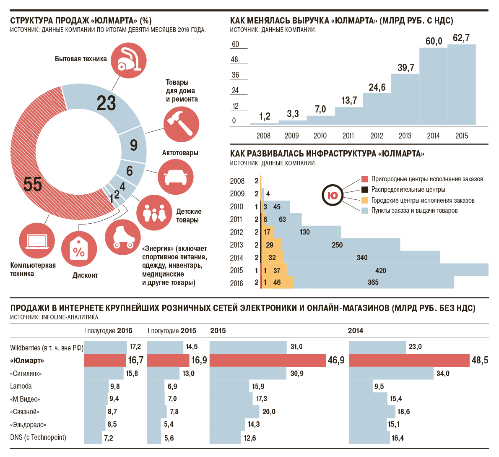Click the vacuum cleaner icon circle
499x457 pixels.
129,60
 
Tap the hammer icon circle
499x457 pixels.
181,124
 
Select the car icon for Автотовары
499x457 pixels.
176,177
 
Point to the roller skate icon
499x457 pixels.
123,237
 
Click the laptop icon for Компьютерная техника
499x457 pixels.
37,241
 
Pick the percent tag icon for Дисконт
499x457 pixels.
79,249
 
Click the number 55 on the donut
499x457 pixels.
33,184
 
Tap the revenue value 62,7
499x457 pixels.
461,38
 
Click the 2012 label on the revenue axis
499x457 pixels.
377,136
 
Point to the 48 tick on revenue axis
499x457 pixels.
234,60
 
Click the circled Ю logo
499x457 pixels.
333,195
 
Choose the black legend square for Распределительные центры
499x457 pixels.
365,190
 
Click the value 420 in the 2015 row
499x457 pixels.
381,271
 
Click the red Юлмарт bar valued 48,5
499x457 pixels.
409,360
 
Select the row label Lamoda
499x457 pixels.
21,386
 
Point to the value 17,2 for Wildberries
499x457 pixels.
135,347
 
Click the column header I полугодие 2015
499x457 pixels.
172,331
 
